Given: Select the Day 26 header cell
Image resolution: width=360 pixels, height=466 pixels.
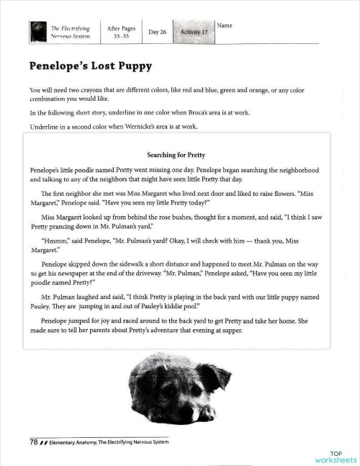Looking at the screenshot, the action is (x=157, y=32).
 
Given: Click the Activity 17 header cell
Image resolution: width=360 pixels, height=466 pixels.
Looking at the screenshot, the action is (x=194, y=32).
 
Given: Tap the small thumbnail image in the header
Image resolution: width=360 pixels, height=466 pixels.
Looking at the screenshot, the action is (x=38, y=32).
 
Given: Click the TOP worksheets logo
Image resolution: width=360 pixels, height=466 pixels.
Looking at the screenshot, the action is (x=336, y=455).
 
